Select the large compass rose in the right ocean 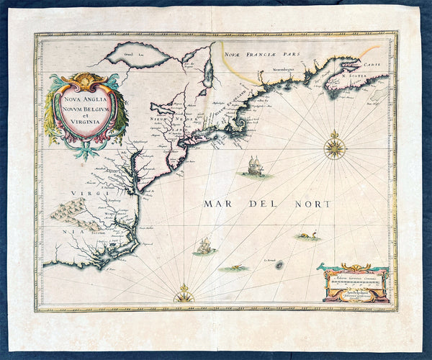[335, 148]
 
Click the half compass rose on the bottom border [184, 295]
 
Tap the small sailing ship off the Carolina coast [204, 246]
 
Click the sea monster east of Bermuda [307, 235]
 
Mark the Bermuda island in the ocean [279, 265]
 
